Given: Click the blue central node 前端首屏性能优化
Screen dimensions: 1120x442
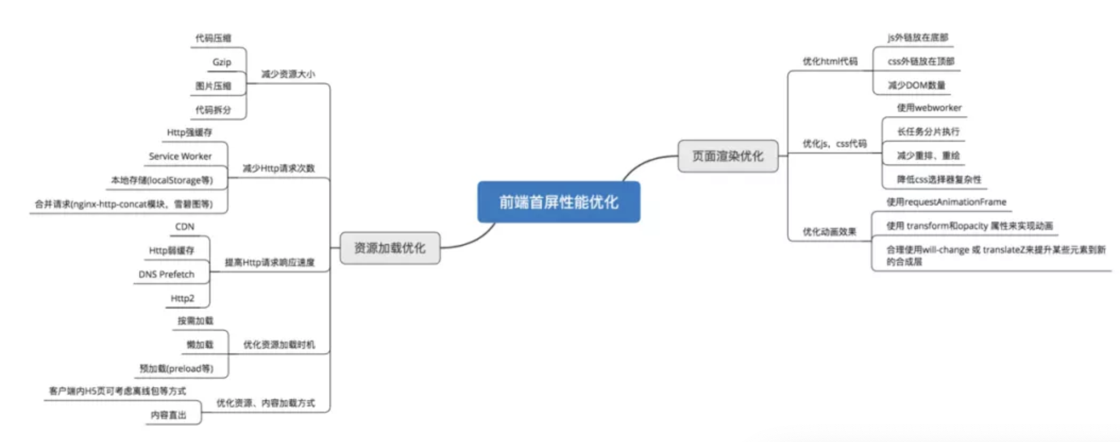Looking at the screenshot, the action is point(558,202).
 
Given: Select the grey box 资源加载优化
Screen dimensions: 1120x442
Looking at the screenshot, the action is point(389,248).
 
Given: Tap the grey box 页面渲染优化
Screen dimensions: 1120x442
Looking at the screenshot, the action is point(727,156).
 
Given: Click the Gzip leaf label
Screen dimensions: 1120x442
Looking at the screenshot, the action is point(222,62).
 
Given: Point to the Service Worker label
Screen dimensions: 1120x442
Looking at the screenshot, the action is point(180,156).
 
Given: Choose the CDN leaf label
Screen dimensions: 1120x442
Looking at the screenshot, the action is point(184,227).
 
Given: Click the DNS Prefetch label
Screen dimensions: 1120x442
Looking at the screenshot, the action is point(166,274).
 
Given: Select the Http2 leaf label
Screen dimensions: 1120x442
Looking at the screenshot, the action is point(182,299).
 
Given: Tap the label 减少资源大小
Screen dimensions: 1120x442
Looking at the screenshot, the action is point(287,74).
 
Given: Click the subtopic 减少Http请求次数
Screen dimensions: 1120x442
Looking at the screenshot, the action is point(278,168).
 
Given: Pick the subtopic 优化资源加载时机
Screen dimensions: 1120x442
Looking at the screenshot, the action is point(279,345).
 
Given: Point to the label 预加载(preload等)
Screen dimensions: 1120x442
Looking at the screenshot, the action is point(176,369).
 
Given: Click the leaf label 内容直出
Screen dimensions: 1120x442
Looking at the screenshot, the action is point(168,415).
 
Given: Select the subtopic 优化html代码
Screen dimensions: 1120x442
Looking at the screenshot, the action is point(830,62).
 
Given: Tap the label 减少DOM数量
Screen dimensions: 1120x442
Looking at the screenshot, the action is point(917,85).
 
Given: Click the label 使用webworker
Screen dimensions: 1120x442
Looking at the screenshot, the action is point(929,108).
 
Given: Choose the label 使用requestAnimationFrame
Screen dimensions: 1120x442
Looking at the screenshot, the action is point(946,202).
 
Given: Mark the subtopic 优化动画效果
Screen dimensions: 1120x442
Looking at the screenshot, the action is point(829,232).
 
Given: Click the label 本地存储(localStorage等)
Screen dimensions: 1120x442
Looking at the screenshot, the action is point(162,180).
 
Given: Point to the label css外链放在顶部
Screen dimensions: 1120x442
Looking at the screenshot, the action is point(921,62).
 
